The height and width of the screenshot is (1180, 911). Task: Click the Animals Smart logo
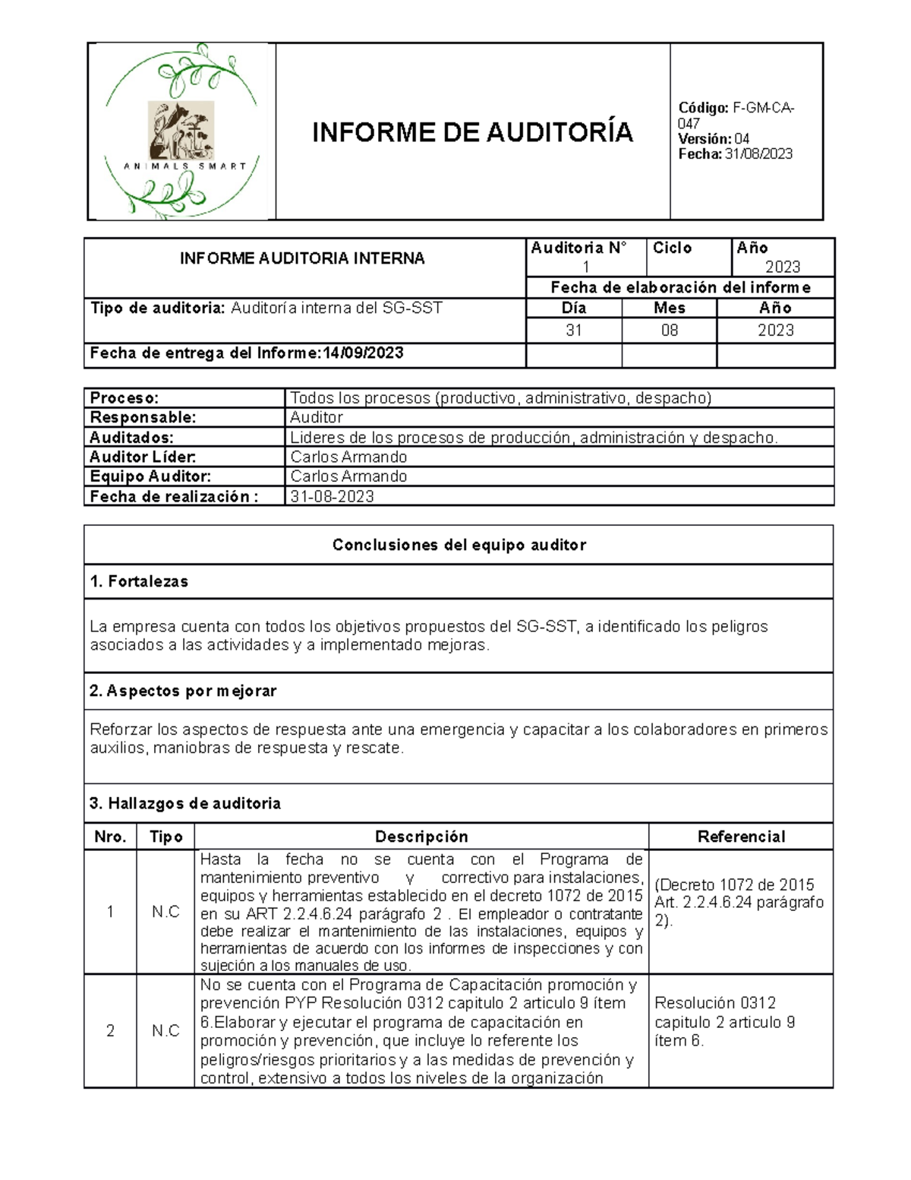coord(181,131)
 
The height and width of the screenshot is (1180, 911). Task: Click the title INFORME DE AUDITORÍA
coord(472,133)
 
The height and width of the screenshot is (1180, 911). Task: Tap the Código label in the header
coord(703,109)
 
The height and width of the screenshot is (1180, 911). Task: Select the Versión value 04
coord(742,139)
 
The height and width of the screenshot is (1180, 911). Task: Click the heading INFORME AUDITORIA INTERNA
coord(302,258)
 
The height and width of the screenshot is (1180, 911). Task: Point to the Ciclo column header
coord(672,248)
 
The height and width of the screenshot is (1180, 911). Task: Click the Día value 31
coord(574,331)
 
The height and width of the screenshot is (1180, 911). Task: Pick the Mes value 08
coord(669,331)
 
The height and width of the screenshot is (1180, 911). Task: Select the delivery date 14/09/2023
coord(363,353)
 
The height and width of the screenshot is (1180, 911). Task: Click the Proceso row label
coord(125,398)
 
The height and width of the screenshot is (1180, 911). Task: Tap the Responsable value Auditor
coord(317,418)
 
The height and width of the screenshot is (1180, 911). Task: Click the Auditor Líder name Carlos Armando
coord(348,457)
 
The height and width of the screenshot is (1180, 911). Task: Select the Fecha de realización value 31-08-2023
coord(333,497)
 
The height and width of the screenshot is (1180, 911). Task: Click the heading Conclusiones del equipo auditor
coord(459,545)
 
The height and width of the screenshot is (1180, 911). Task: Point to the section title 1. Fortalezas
coord(139,582)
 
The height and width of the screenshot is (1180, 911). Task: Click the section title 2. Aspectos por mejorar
coord(183,691)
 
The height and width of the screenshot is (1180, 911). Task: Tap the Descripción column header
coord(421,837)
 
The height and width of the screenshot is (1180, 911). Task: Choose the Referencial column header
coord(741,837)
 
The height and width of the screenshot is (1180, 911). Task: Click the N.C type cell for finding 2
coord(165,1031)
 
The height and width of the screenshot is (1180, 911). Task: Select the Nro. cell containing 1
coord(110,912)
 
